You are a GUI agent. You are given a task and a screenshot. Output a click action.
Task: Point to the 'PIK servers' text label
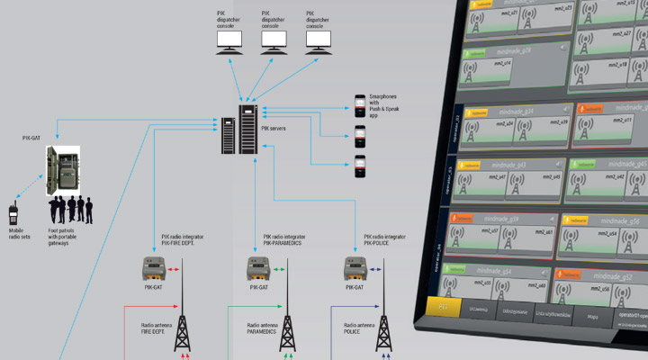pyautogui.click(x=275, y=129)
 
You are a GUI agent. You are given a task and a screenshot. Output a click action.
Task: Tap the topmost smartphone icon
pyautogui.click(x=359, y=106)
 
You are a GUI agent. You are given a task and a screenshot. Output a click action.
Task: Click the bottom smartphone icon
pyautogui.click(x=359, y=165)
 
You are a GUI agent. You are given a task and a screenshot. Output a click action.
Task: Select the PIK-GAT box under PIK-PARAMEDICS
pyautogui.click(x=258, y=268)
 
